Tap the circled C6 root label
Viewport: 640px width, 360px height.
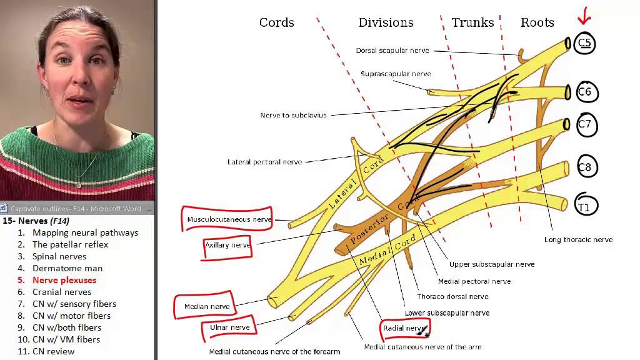584,92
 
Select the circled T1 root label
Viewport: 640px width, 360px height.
584,207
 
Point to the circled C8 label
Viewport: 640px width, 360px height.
584,167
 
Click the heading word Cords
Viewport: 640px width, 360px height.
276,22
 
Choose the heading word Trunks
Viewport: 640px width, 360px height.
472,22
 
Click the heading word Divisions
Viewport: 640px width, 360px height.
386,22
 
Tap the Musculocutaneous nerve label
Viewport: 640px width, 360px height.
229,219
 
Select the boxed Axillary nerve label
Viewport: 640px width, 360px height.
227,245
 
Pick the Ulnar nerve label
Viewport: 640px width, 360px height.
229,327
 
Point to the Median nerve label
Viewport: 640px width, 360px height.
207,306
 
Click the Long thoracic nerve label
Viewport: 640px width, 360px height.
578,239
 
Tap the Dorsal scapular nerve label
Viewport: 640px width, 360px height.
392,51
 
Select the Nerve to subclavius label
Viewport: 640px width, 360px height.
293,115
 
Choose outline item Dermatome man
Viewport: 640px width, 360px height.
67,268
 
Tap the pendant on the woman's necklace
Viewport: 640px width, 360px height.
79,185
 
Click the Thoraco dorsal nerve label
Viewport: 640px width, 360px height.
452,296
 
